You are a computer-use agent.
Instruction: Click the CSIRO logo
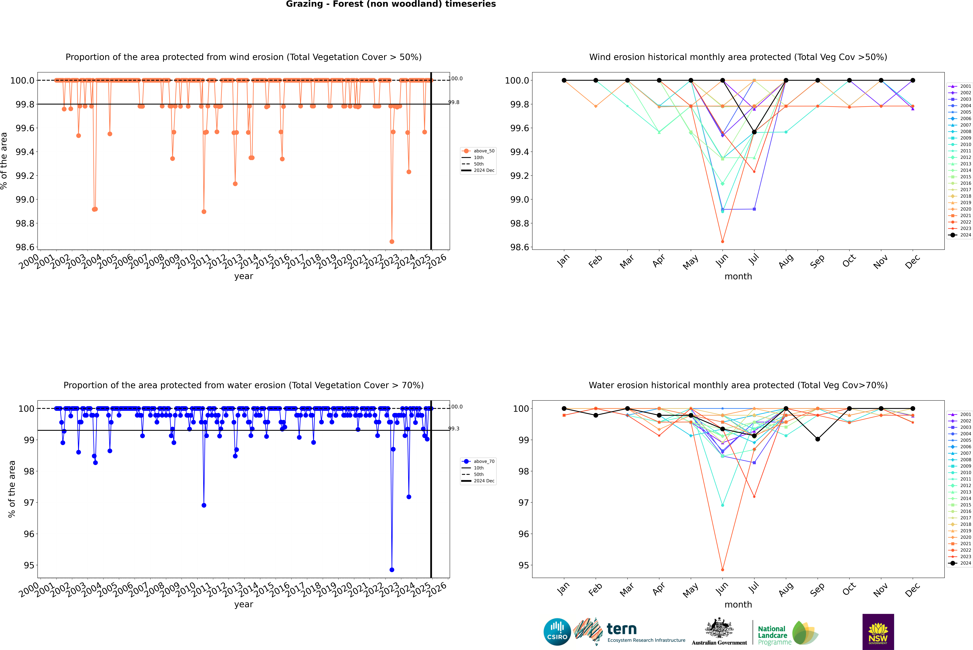click(x=557, y=632)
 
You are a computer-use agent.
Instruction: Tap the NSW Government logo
click(x=878, y=632)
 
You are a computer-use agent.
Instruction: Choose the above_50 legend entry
click(x=478, y=151)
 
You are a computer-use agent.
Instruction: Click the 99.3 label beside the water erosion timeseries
click(x=454, y=429)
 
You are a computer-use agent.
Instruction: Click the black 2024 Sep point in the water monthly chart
click(x=817, y=439)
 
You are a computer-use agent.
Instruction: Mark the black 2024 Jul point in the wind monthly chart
click(x=754, y=132)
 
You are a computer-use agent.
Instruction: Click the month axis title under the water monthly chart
click(x=738, y=604)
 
